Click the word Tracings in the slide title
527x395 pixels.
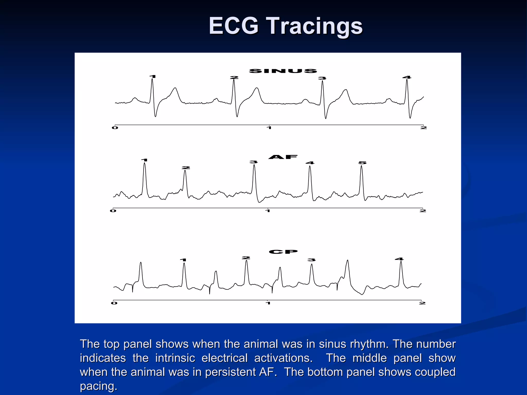tap(315, 26)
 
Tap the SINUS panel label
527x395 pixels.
tap(283, 71)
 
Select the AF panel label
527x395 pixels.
tap(283, 157)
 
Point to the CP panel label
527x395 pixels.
tap(283, 252)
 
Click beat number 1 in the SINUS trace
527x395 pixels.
tap(153, 76)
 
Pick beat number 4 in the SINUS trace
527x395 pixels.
tap(407, 77)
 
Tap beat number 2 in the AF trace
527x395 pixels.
tap(186, 168)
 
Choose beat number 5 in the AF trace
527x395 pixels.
tap(362, 163)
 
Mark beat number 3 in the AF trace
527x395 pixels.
tap(253, 162)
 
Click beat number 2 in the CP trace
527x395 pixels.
tap(246, 258)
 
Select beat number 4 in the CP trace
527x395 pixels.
tap(399, 259)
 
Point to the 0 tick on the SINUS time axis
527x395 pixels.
tap(115, 128)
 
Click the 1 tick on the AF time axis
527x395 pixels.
tap(268, 211)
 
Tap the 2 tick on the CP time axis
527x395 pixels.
tap(422, 303)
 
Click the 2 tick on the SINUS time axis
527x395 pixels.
tap(424, 128)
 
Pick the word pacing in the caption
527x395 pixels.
tap(98, 386)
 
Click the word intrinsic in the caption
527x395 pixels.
tap(175, 358)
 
